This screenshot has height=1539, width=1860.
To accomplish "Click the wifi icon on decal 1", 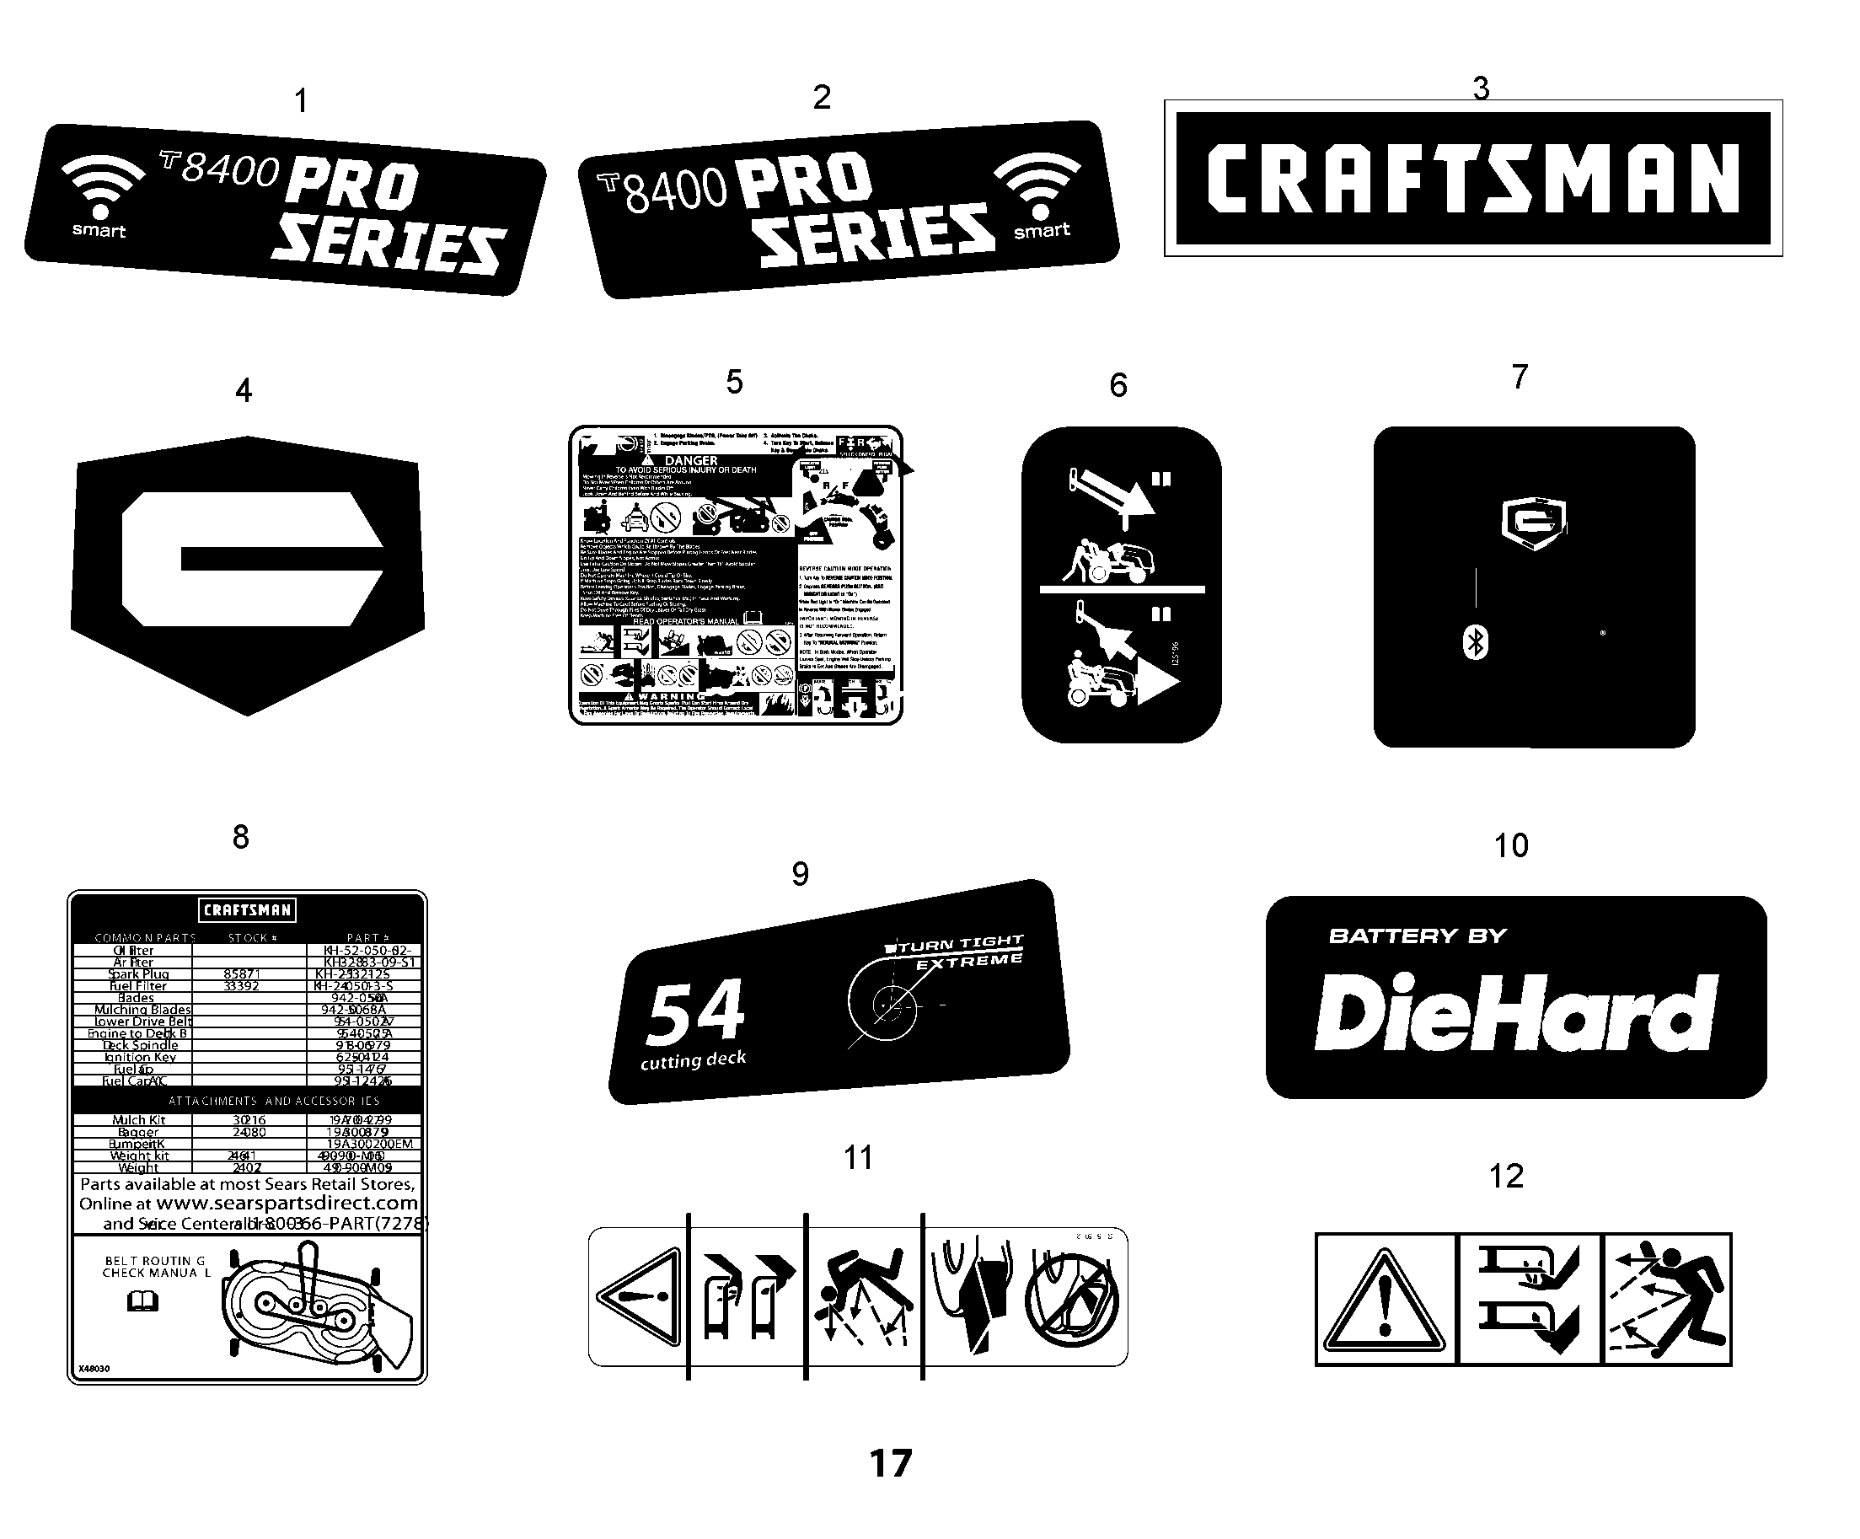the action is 100,186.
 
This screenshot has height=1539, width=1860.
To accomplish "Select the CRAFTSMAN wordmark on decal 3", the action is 1473,179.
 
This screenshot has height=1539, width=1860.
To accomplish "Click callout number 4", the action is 244,391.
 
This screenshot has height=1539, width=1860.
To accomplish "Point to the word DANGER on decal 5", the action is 691,461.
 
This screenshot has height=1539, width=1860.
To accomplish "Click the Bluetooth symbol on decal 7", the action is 1475,642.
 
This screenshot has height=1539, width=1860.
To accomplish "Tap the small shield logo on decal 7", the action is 1534,523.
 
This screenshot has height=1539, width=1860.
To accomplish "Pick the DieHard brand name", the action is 1515,1012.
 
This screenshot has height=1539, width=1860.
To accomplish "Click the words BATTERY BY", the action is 1418,936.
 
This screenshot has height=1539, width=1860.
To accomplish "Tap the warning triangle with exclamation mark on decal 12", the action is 1385,1300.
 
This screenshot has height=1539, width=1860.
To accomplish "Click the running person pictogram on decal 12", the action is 1667,1300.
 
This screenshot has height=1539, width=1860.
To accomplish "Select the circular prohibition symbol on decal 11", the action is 1072,1300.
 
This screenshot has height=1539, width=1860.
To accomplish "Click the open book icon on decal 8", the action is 142,1300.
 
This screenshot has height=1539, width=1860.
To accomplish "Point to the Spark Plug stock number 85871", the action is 242,973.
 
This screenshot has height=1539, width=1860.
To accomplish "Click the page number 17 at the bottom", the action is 890,1464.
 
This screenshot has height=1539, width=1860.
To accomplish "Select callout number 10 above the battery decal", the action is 1511,846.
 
